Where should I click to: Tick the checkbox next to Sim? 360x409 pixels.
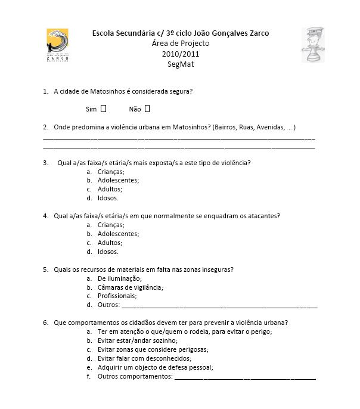tap(104, 109)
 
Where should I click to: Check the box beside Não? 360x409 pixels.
tap(147, 109)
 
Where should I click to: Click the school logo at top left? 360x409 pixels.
tap(57, 45)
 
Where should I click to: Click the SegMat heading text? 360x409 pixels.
tap(181, 64)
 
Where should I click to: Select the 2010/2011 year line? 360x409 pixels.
tap(181, 54)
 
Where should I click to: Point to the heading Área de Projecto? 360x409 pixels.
tap(181, 44)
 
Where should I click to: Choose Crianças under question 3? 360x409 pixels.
tap(111, 172)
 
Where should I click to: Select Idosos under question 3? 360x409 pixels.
tap(108, 198)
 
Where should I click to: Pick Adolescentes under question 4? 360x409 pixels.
tap(118, 234)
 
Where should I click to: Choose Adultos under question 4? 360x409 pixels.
tap(110, 243)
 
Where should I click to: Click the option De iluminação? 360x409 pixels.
tap(119, 278)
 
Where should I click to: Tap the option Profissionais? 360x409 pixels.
tap(117, 296)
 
